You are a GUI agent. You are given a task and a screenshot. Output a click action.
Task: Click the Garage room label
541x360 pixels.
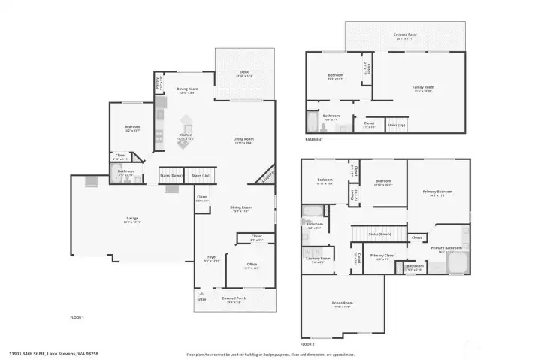(x=131, y=219)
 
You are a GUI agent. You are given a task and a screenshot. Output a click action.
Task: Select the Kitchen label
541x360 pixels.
(x=185, y=137)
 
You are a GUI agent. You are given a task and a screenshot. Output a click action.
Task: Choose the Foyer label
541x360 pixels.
(x=212, y=260)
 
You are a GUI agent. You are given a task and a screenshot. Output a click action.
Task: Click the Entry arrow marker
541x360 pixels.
(x=201, y=294)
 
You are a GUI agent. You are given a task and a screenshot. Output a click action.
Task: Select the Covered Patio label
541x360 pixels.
(x=406, y=35)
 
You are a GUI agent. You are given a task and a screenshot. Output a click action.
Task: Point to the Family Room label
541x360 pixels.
(x=423, y=87)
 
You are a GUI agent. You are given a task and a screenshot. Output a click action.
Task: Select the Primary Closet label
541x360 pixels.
(x=383, y=256)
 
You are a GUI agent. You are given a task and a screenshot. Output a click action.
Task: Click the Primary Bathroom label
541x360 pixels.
(x=446, y=247)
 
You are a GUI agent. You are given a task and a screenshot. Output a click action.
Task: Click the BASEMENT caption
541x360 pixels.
(x=314, y=139)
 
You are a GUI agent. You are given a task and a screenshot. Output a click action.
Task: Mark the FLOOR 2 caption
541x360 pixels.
(x=317, y=343)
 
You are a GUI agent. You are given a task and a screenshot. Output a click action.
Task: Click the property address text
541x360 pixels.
(x=54, y=352)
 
